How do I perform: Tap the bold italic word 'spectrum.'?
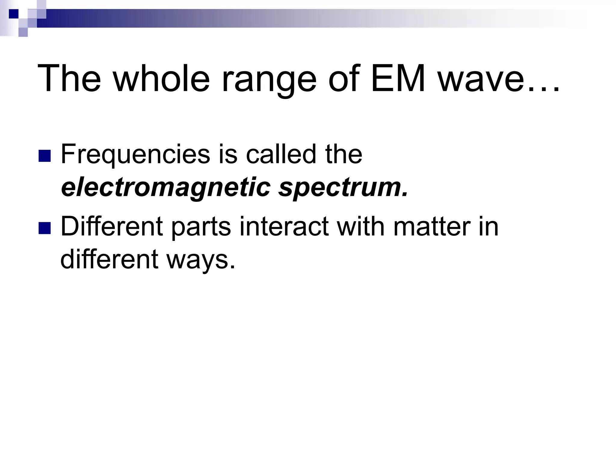pyautogui.click(x=343, y=188)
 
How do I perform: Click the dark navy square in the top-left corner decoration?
pyautogui.click(x=14, y=14)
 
